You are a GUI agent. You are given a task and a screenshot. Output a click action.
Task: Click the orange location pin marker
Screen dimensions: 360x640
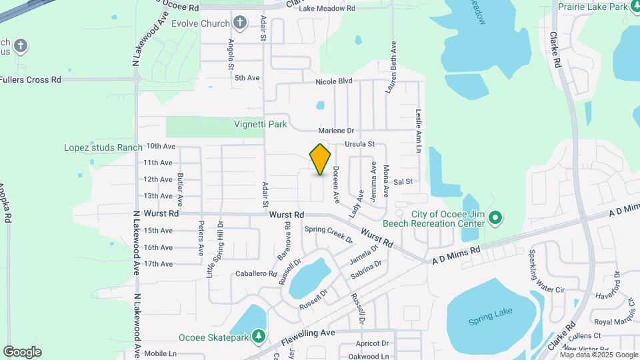point(320,159)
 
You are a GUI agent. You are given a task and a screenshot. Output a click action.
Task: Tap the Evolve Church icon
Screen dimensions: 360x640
point(241,23)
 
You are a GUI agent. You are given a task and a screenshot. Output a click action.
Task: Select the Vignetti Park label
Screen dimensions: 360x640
point(260,123)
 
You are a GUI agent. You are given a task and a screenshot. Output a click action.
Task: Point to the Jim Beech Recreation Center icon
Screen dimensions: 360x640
point(495,218)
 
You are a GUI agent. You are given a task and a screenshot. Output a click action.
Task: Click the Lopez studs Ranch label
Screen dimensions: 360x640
point(103,147)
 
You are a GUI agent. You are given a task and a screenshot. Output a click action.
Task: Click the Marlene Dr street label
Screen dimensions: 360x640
point(335,131)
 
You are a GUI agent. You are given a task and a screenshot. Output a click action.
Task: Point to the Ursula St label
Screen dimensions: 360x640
point(360,144)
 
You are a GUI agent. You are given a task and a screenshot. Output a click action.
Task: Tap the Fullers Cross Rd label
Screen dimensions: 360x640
point(31,79)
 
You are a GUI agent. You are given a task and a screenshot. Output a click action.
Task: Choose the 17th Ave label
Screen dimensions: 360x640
point(158,264)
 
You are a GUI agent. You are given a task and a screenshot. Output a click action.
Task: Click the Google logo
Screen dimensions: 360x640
point(22,351)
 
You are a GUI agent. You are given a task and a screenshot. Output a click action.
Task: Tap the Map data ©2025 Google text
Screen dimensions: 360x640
point(598,355)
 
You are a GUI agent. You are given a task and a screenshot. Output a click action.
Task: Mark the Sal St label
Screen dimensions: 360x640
point(403,181)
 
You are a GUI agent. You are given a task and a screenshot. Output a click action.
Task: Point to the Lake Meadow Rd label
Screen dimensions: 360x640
point(327,8)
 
